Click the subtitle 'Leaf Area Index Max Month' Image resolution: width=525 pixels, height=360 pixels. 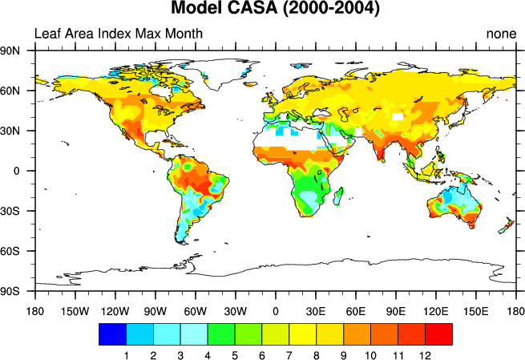point(118,34)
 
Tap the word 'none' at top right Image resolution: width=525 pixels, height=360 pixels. point(501,34)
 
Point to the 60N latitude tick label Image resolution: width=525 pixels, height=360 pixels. point(18,91)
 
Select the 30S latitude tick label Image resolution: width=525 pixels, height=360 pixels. point(18,212)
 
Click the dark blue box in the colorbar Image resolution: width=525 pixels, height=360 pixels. point(112,334)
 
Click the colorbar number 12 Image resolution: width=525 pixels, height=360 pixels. point(426,354)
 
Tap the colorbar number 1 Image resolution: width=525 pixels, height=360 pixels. point(126,354)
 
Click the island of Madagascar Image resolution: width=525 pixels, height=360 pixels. point(340,195)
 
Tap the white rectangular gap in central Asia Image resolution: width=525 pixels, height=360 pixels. point(398,116)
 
